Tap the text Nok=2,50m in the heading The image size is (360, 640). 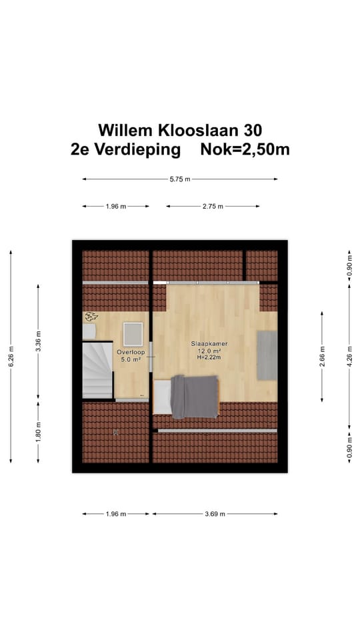(245, 149)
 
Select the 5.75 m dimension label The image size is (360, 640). (180, 179)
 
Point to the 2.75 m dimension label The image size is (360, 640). (212, 207)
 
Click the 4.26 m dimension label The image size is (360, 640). (349, 356)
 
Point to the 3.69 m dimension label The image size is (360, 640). (214, 514)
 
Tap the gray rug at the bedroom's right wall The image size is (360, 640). (267, 354)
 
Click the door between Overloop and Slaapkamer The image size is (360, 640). (151, 359)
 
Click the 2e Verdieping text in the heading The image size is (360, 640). (125, 149)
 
